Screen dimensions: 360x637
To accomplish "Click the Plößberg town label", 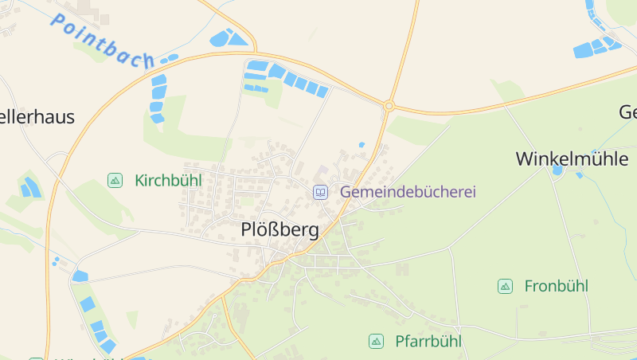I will (279, 231).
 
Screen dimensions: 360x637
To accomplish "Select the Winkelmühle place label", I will (572, 158).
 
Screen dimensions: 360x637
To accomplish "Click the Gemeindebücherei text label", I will (408, 192).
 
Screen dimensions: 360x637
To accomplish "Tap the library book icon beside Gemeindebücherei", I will (320, 192).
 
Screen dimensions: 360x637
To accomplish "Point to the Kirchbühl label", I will (168, 180).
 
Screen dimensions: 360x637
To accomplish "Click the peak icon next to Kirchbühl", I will (115, 181).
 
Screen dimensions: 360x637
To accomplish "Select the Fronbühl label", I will (556, 286).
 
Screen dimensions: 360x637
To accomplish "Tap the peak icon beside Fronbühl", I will (505, 286).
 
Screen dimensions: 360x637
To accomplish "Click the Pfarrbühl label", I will (428, 342).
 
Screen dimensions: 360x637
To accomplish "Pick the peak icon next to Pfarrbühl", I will (376, 342).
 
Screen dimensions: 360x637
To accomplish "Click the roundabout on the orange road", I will (389, 105).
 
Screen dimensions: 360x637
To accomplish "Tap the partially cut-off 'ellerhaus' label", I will (37, 117).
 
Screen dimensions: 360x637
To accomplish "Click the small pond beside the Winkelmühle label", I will (557, 170).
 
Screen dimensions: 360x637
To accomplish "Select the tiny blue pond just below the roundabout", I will (361, 145).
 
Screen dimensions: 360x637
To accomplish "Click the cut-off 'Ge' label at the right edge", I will (627, 112).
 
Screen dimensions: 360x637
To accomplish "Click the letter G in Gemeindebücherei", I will (346, 192).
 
